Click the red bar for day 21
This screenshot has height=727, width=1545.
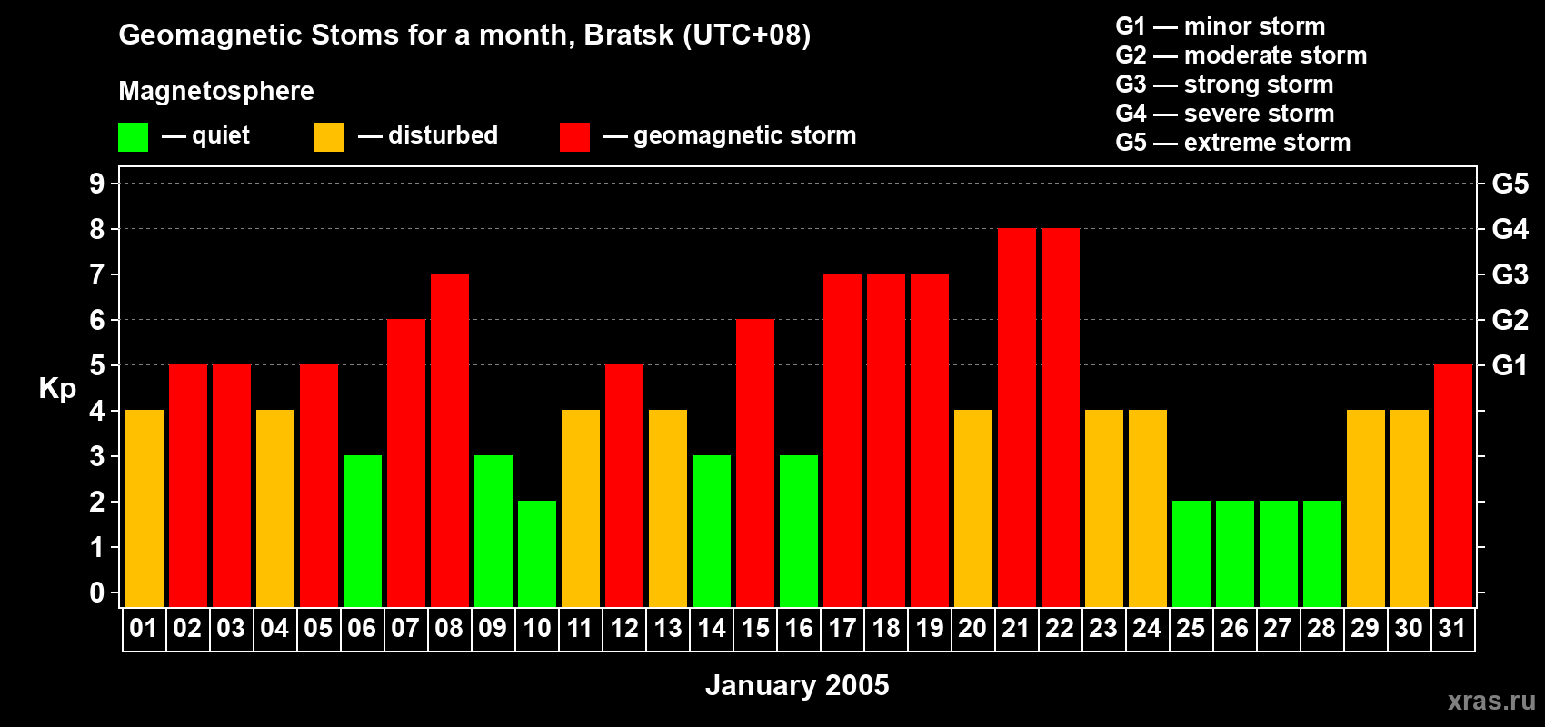click(x=1016, y=418)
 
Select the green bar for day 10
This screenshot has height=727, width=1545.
click(x=536, y=554)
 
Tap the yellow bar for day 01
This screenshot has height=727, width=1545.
click(x=144, y=509)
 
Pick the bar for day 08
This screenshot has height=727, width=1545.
click(x=449, y=441)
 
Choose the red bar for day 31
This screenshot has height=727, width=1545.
click(x=1452, y=486)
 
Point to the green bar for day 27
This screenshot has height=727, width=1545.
click(x=1278, y=554)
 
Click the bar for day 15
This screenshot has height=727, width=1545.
click(x=754, y=463)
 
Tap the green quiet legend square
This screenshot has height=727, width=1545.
click(x=133, y=137)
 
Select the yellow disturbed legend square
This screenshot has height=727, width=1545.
click(x=329, y=137)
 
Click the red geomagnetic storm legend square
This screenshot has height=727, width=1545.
click(x=574, y=137)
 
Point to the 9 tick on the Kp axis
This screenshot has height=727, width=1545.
click(x=97, y=184)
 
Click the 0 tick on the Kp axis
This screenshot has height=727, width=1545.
click(x=97, y=593)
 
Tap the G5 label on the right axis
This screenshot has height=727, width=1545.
click(x=1510, y=184)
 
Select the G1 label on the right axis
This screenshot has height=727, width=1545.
click(x=1510, y=365)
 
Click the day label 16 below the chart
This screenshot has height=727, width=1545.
click(x=798, y=628)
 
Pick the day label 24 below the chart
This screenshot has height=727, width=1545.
click(x=1147, y=628)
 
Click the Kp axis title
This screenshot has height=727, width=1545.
click(x=57, y=388)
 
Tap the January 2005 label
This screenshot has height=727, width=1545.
click(x=797, y=685)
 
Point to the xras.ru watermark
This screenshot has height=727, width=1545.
click(x=1491, y=700)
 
